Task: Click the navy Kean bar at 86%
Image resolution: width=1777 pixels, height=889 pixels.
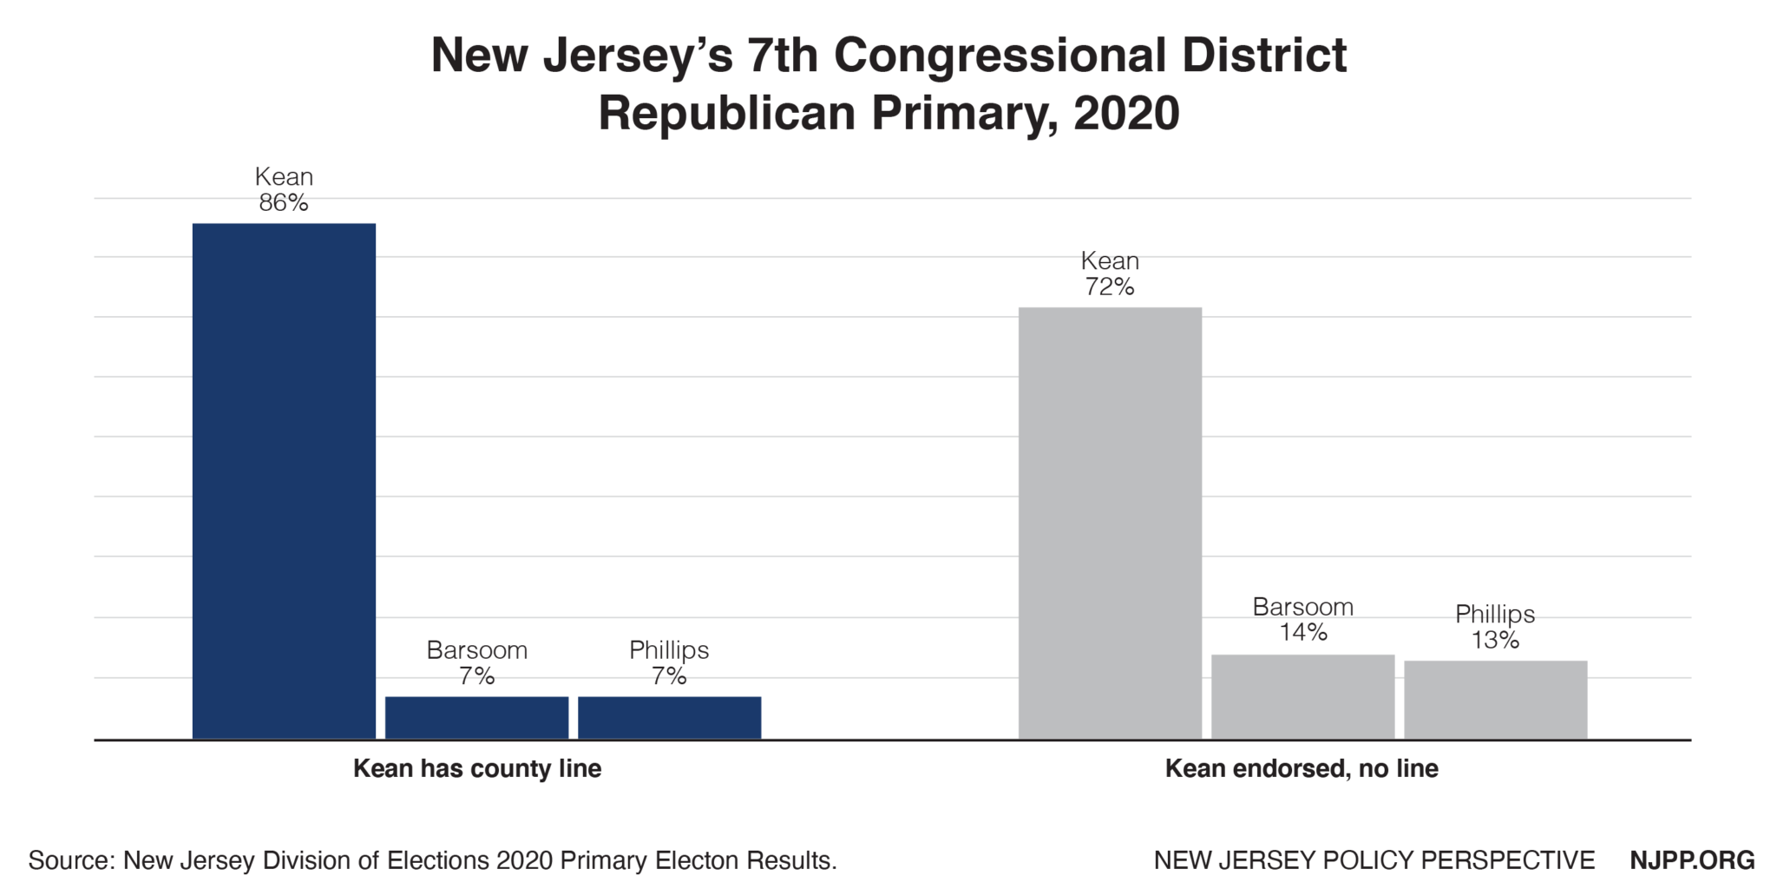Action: (x=284, y=481)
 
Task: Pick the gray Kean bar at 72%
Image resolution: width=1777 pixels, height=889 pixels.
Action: (x=1110, y=523)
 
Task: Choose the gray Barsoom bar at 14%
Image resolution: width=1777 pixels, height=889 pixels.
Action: (x=1302, y=696)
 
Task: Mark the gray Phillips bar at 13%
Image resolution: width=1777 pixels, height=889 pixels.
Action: (x=1495, y=700)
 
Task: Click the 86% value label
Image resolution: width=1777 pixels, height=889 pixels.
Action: (x=284, y=203)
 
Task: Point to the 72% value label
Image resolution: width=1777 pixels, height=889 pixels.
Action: (x=1110, y=287)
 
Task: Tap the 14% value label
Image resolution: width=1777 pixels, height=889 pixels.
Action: (x=1302, y=633)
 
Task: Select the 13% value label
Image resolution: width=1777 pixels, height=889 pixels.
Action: (x=1495, y=641)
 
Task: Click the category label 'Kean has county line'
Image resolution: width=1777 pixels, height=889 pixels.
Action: (x=476, y=769)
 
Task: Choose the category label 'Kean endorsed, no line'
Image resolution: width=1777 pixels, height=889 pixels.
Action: (x=1302, y=769)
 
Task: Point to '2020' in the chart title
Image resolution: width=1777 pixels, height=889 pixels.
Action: (x=1126, y=114)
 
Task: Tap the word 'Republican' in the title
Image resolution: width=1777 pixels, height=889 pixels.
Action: (x=727, y=114)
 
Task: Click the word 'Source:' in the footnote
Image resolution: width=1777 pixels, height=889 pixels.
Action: (x=72, y=860)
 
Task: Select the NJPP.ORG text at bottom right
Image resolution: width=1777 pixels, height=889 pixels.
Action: (x=1692, y=860)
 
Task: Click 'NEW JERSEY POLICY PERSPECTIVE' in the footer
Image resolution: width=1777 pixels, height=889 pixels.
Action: (x=1374, y=860)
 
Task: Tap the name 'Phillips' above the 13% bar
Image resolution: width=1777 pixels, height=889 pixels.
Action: (x=1495, y=615)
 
